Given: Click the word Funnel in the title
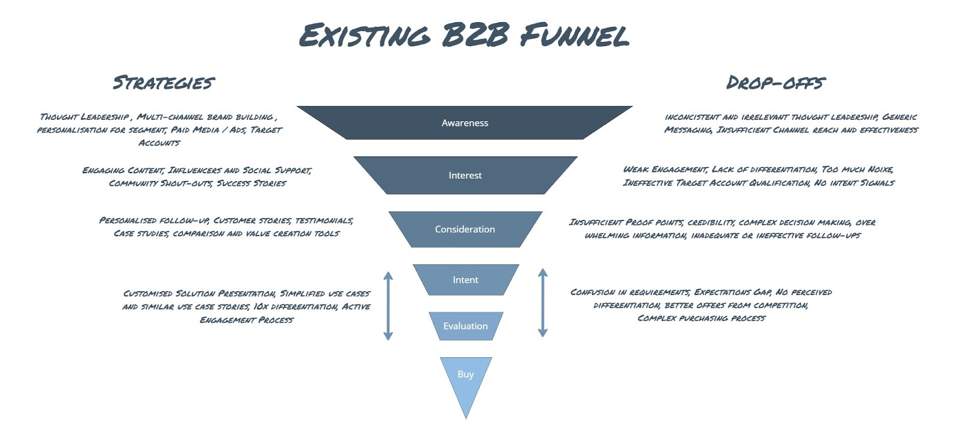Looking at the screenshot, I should pyautogui.click(x=574, y=36).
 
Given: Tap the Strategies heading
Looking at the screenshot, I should pyautogui.click(x=164, y=82).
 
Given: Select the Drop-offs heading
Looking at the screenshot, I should pyautogui.click(x=775, y=82).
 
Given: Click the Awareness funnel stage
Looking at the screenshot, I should pyautogui.click(x=465, y=123).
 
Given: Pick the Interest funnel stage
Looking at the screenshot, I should pyautogui.click(x=465, y=175).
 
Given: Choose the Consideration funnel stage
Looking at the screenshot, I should pyautogui.click(x=465, y=229).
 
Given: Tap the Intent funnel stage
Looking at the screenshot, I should pyautogui.click(x=465, y=280).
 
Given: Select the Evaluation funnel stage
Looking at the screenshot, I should pyautogui.click(x=465, y=326).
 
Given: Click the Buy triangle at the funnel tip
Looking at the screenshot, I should pyautogui.click(x=466, y=378).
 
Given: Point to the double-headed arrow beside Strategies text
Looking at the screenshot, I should pyautogui.click(x=388, y=306).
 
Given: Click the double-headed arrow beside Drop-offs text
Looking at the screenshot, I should pyautogui.click(x=542, y=302).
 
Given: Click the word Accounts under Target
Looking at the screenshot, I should pyautogui.click(x=159, y=143).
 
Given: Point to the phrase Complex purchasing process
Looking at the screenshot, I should pyautogui.click(x=701, y=318).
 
